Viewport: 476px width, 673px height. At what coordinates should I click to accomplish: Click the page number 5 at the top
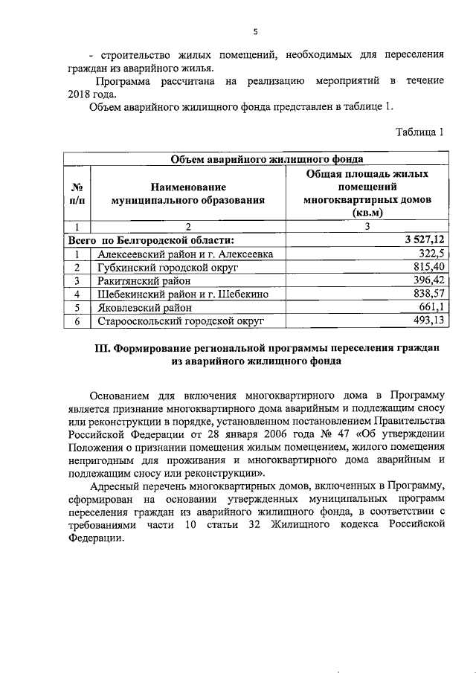click(x=255, y=31)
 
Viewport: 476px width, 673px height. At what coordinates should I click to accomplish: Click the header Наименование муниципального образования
click(x=187, y=194)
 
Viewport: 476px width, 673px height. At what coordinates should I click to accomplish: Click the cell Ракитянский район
click(x=144, y=280)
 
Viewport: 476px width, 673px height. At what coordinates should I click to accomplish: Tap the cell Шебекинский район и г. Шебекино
click(x=183, y=294)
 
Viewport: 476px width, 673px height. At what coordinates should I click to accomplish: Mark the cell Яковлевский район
click(x=144, y=307)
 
